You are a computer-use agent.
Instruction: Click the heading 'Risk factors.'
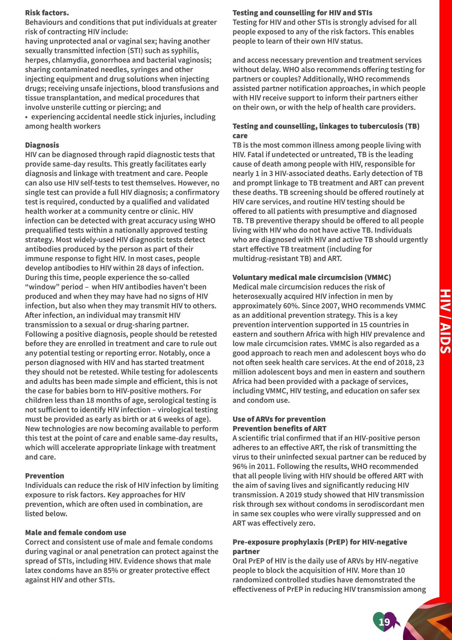(47, 13)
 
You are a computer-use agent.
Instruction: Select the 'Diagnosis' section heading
(42, 145)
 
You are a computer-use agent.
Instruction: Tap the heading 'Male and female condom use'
(75, 532)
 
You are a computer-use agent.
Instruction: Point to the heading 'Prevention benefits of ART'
(279, 428)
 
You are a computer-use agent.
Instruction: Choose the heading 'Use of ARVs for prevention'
(279, 419)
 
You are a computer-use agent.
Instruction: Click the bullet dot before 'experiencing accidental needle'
(26, 117)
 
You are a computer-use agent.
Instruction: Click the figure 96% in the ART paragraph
(239, 466)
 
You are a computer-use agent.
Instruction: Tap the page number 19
(384, 622)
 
